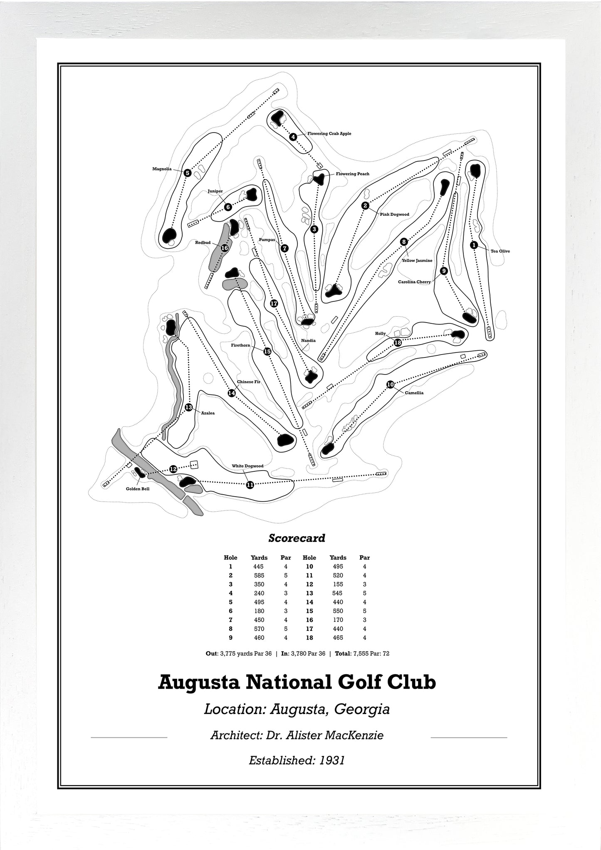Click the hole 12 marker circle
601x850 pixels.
pyautogui.click(x=173, y=469)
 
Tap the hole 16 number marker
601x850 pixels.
pyautogui.click(x=225, y=248)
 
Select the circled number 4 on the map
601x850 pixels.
pyautogui.click(x=293, y=137)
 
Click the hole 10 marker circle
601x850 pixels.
pyautogui.click(x=390, y=384)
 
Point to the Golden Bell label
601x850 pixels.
pyautogui.click(x=138, y=489)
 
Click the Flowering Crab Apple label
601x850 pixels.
pyautogui.click(x=329, y=134)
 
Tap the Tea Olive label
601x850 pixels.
pyautogui.click(x=500, y=251)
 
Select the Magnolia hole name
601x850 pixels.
pyautogui.click(x=162, y=169)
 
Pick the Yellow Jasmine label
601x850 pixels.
pyautogui.click(x=417, y=261)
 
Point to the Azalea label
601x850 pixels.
pyautogui.click(x=208, y=413)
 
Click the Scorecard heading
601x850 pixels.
pyautogui.click(x=297, y=538)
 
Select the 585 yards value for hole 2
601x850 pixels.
pyautogui.click(x=259, y=575)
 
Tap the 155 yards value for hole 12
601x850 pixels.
pyautogui.click(x=338, y=584)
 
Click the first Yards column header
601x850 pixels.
pyautogui.click(x=259, y=558)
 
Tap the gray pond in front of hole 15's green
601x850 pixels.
pyautogui.click(x=235, y=285)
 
